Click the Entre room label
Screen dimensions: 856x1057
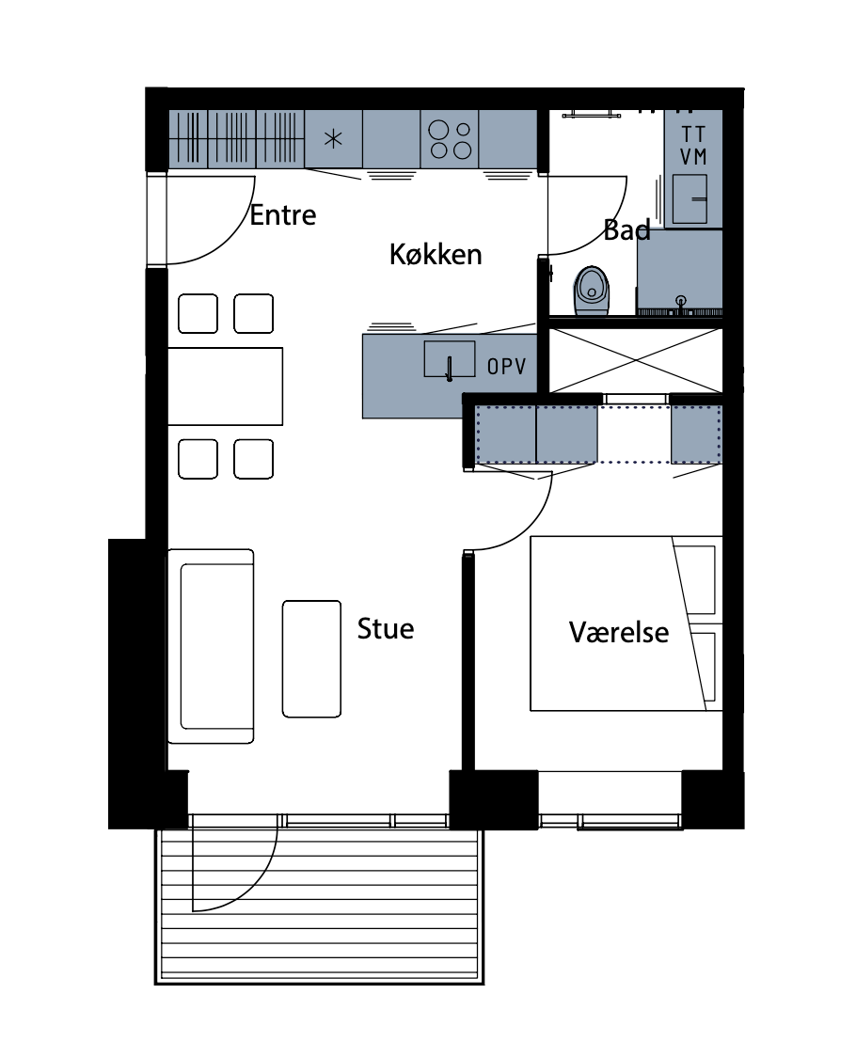point(282,215)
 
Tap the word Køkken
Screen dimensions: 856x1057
point(436,255)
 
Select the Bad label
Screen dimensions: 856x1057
point(626,229)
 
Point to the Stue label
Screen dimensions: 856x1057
point(385,628)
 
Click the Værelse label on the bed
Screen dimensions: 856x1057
point(619,632)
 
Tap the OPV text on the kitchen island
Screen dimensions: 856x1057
point(507,366)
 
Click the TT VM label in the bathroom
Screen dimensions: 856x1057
point(693,145)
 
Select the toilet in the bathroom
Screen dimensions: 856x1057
point(592,291)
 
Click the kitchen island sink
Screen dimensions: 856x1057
point(450,359)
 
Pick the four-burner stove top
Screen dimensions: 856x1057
point(450,139)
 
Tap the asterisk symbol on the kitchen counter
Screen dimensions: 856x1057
point(333,139)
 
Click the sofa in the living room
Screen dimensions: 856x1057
point(211,646)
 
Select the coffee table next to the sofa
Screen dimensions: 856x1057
point(311,658)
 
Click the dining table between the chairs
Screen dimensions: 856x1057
point(225,387)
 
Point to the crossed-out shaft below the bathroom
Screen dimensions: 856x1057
point(636,361)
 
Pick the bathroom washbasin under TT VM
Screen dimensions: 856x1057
point(690,198)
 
